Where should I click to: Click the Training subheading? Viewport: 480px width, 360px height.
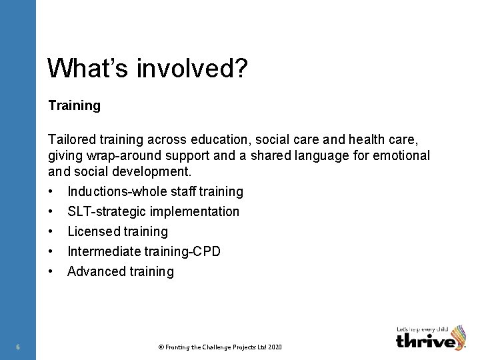74,105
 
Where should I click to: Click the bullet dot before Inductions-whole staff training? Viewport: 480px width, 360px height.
51,191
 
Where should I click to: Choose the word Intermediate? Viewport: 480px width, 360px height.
104,251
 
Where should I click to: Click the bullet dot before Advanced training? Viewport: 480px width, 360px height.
51,271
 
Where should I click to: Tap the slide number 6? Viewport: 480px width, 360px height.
18,347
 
